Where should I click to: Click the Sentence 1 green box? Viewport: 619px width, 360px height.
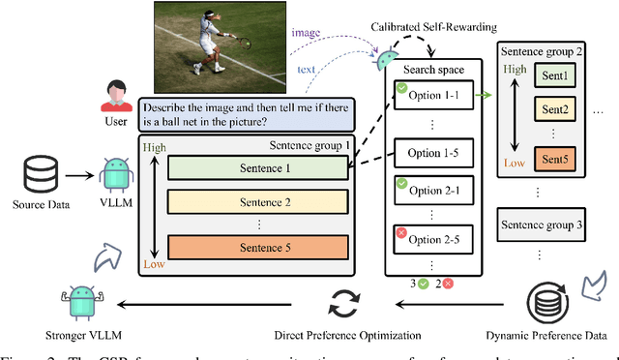pos(257,167)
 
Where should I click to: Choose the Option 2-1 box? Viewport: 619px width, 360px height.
pos(433,193)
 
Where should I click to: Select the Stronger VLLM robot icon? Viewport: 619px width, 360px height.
pos(77,302)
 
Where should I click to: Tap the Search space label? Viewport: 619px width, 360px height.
pos(434,71)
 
